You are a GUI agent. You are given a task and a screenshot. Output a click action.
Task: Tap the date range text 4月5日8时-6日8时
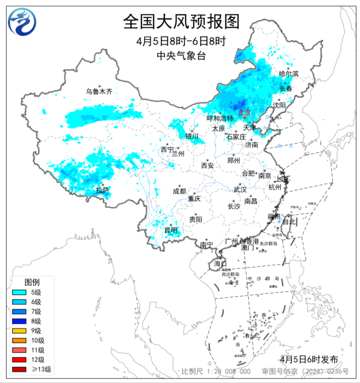tap(181, 42)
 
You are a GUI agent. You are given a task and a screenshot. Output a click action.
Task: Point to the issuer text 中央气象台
tap(181, 55)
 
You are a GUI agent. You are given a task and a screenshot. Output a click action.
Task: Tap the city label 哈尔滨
tap(288, 74)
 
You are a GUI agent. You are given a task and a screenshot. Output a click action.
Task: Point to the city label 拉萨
tap(102, 190)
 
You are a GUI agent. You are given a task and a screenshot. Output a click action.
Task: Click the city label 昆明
tap(171, 230)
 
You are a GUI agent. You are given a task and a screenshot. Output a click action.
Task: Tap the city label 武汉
tap(239, 189)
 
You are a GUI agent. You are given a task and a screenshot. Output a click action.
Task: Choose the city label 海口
tap(220, 263)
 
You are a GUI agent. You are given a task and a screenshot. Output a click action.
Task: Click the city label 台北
tap(289, 221)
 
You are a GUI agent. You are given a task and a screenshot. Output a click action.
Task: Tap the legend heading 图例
tap(32, 282)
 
